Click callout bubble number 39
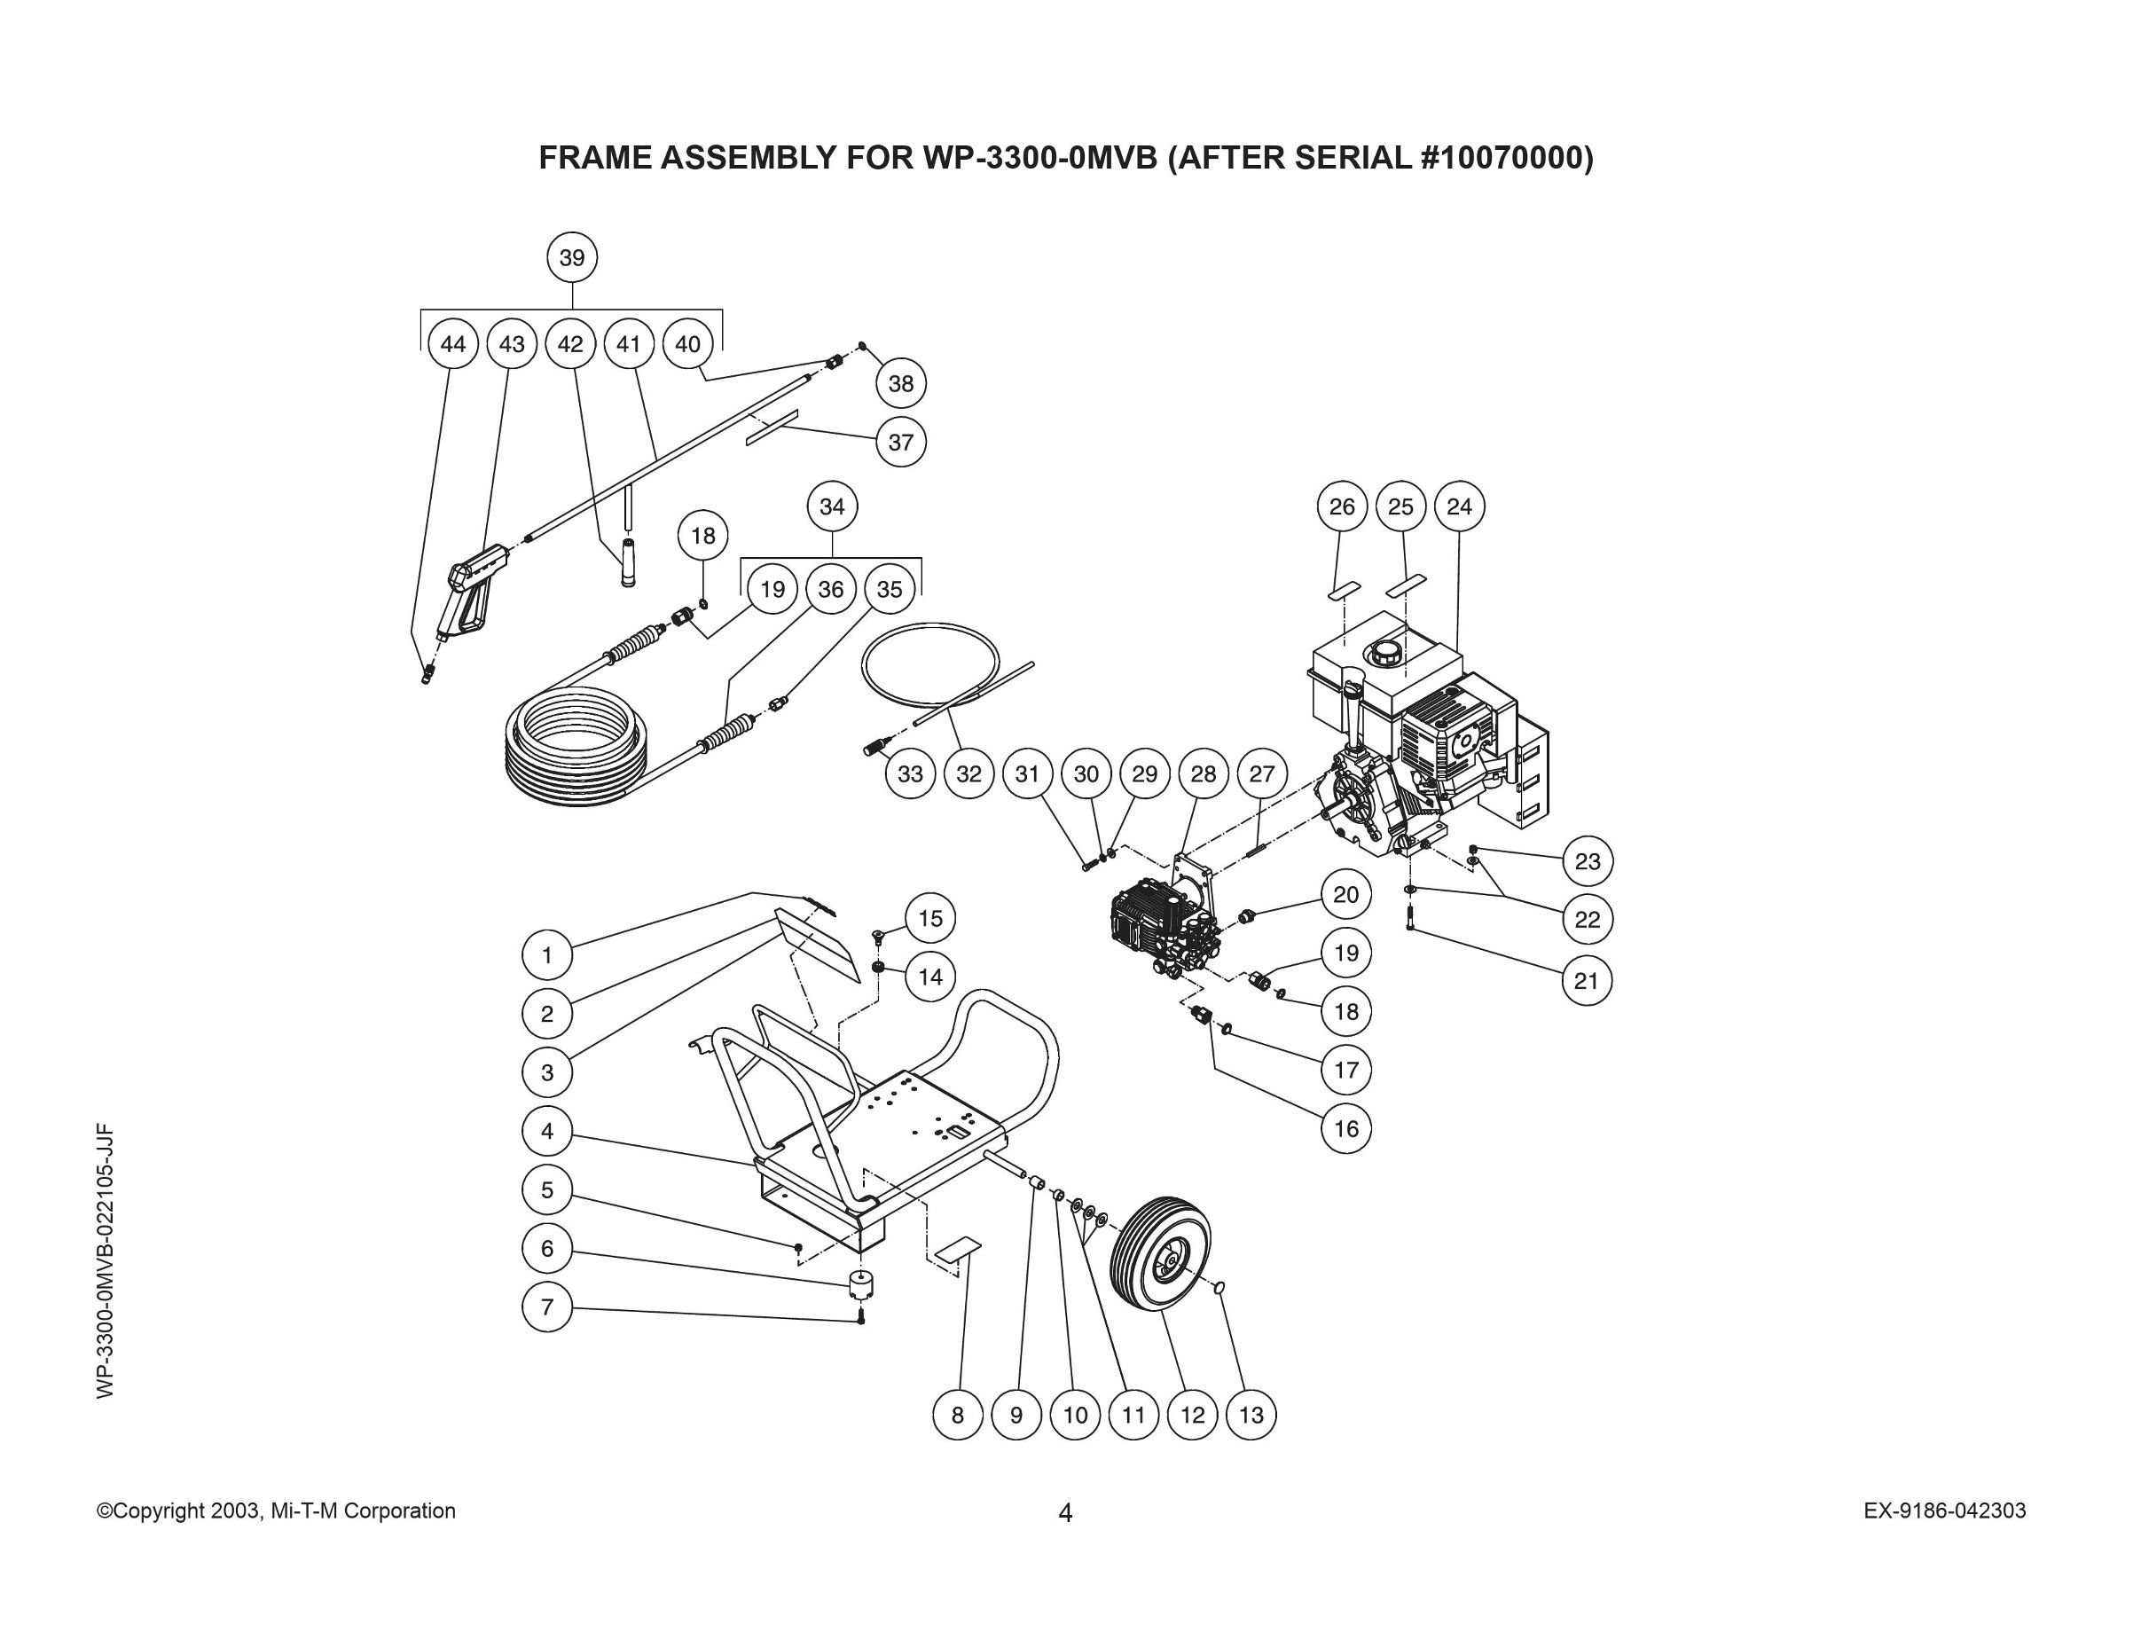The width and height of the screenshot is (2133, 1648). (x=571, y=258)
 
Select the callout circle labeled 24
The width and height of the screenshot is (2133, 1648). (x=1459, y=506)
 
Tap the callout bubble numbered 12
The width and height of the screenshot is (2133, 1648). (x=1193, y=1415)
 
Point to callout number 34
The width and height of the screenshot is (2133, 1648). (x=831, y=506)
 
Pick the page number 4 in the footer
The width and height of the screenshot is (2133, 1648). (x=1065, y=1513)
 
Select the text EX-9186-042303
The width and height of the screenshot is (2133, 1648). (x=1944, y=1511)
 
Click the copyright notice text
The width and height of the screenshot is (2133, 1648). (x=277, y=1511)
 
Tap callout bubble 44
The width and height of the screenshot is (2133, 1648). (x=453, y=344)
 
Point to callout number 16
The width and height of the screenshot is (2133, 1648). (x=1345, y=1128)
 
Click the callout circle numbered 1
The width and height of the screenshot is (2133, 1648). (x=547, y=954)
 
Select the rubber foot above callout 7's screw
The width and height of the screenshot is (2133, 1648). (x=859, y=1283)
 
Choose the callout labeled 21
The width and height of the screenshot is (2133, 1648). (x=1586, y=980)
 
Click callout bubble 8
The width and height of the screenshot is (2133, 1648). (x=957, y=1415)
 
